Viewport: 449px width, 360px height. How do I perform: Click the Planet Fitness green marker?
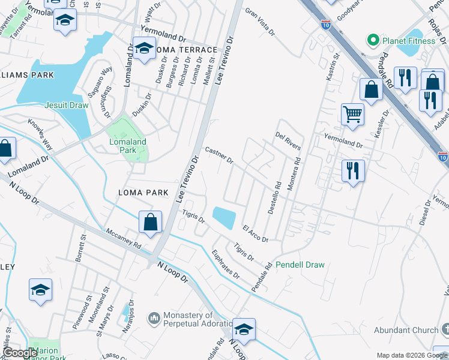[373, 41]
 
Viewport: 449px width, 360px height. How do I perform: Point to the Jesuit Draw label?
[66, 105]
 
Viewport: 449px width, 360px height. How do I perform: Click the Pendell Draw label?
[300, 265]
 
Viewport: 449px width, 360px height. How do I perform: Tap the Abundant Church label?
[407, 330]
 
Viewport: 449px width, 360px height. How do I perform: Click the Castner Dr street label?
[219, 155]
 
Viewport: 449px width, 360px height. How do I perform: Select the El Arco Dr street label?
[255, 233]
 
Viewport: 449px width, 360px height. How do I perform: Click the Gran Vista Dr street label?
[259, 22]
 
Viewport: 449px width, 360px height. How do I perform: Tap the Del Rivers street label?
[288, 142]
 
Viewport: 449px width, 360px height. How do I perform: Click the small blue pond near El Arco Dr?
[224, 217]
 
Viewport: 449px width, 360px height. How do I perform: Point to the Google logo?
[20, 353]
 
